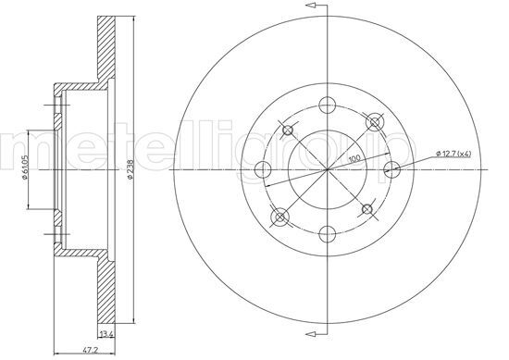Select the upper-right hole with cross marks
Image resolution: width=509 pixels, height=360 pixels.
(x=373, y=120)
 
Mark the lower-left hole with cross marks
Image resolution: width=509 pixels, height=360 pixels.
(x=279, y=217)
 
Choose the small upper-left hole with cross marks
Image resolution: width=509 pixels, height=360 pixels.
(x=287, y=129)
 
